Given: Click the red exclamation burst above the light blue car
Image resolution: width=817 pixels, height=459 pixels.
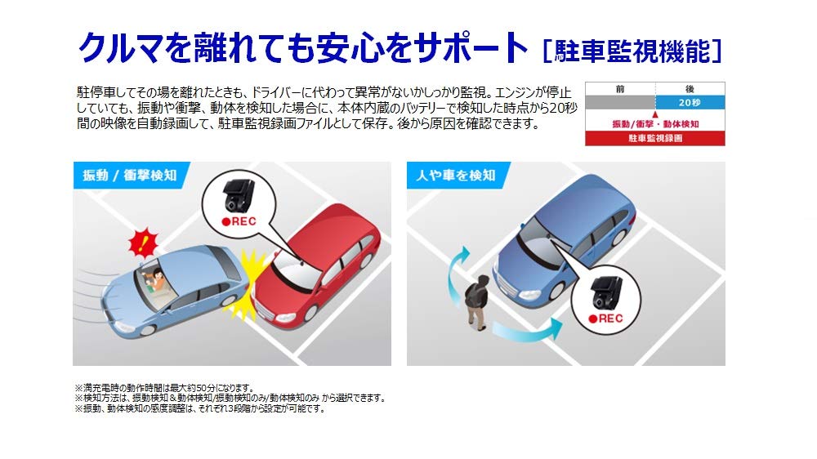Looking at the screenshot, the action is click(x=142, y=243).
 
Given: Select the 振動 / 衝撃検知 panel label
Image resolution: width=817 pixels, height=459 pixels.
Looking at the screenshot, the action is click(x=130, y=175).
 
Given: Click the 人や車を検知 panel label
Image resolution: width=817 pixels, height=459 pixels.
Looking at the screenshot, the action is click(x=455, y=175).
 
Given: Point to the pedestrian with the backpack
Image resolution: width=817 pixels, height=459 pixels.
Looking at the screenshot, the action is click(x=475, y=302).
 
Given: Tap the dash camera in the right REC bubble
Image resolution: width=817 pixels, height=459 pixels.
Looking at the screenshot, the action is click(x=606, y=292).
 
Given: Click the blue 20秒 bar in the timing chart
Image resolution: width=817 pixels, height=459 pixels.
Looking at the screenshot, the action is click(x=690, y=103).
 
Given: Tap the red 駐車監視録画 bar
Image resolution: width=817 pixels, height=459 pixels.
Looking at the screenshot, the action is click(x=655, y=138).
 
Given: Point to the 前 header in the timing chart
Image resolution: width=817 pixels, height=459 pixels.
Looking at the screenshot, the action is click(x=620, y=89).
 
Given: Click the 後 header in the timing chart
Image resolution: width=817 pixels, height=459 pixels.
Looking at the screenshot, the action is click(x=690, y=89).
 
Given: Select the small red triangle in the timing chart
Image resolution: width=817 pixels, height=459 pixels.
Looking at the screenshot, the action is click(x=655, y=114).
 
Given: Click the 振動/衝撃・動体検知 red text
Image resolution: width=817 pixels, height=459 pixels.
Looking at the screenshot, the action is click(x=655, y=124).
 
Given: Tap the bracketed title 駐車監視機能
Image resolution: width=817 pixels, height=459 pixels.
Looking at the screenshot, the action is click(x=632, y=51).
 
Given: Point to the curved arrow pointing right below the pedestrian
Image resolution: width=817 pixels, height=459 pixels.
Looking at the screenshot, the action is click(x=527, y=329).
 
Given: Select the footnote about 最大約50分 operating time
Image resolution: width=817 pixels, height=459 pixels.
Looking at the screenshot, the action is click(x=165, y=388).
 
